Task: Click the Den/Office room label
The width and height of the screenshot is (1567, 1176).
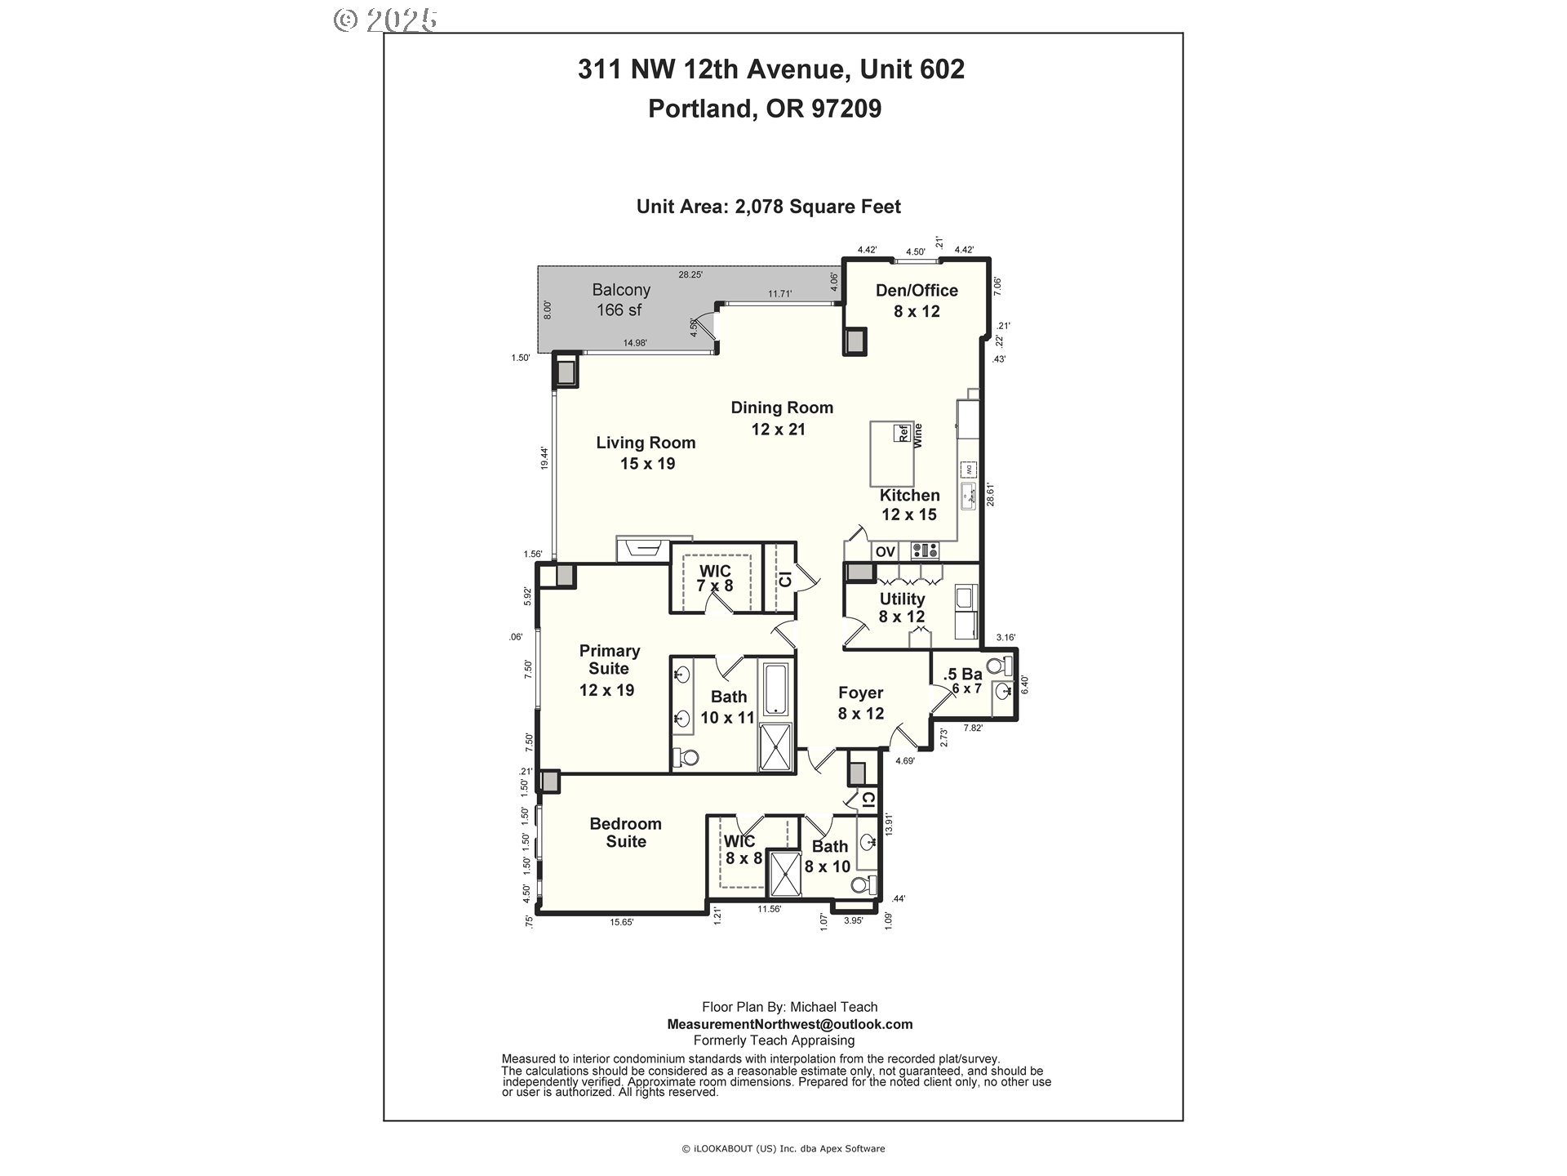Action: [917, 301]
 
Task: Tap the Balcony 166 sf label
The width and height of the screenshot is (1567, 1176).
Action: [621, 300]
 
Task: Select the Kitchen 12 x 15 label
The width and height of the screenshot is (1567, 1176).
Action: [909, 505]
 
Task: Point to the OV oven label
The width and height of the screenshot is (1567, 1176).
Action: [886, 552]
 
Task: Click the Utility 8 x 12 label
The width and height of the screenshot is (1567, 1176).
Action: [902, 608]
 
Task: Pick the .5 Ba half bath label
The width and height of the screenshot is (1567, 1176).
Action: [962, 681]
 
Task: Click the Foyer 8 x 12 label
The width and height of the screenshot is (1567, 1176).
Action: [861, 702]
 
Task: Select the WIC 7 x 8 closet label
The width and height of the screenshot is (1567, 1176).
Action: [714, 578]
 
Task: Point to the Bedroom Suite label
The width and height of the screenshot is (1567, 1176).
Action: [625, 832]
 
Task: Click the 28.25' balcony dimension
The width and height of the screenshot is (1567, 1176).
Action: [690, 275]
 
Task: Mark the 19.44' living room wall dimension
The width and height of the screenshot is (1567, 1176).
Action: [544, 457]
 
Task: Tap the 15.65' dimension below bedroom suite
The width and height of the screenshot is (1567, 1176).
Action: [622, 922]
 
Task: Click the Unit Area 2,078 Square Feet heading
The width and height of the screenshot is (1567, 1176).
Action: [768, 207]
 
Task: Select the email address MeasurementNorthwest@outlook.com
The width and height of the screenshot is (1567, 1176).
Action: [789, 1024]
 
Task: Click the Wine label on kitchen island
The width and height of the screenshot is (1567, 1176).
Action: [917, 435]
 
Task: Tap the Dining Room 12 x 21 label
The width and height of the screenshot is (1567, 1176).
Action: [781, 418]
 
